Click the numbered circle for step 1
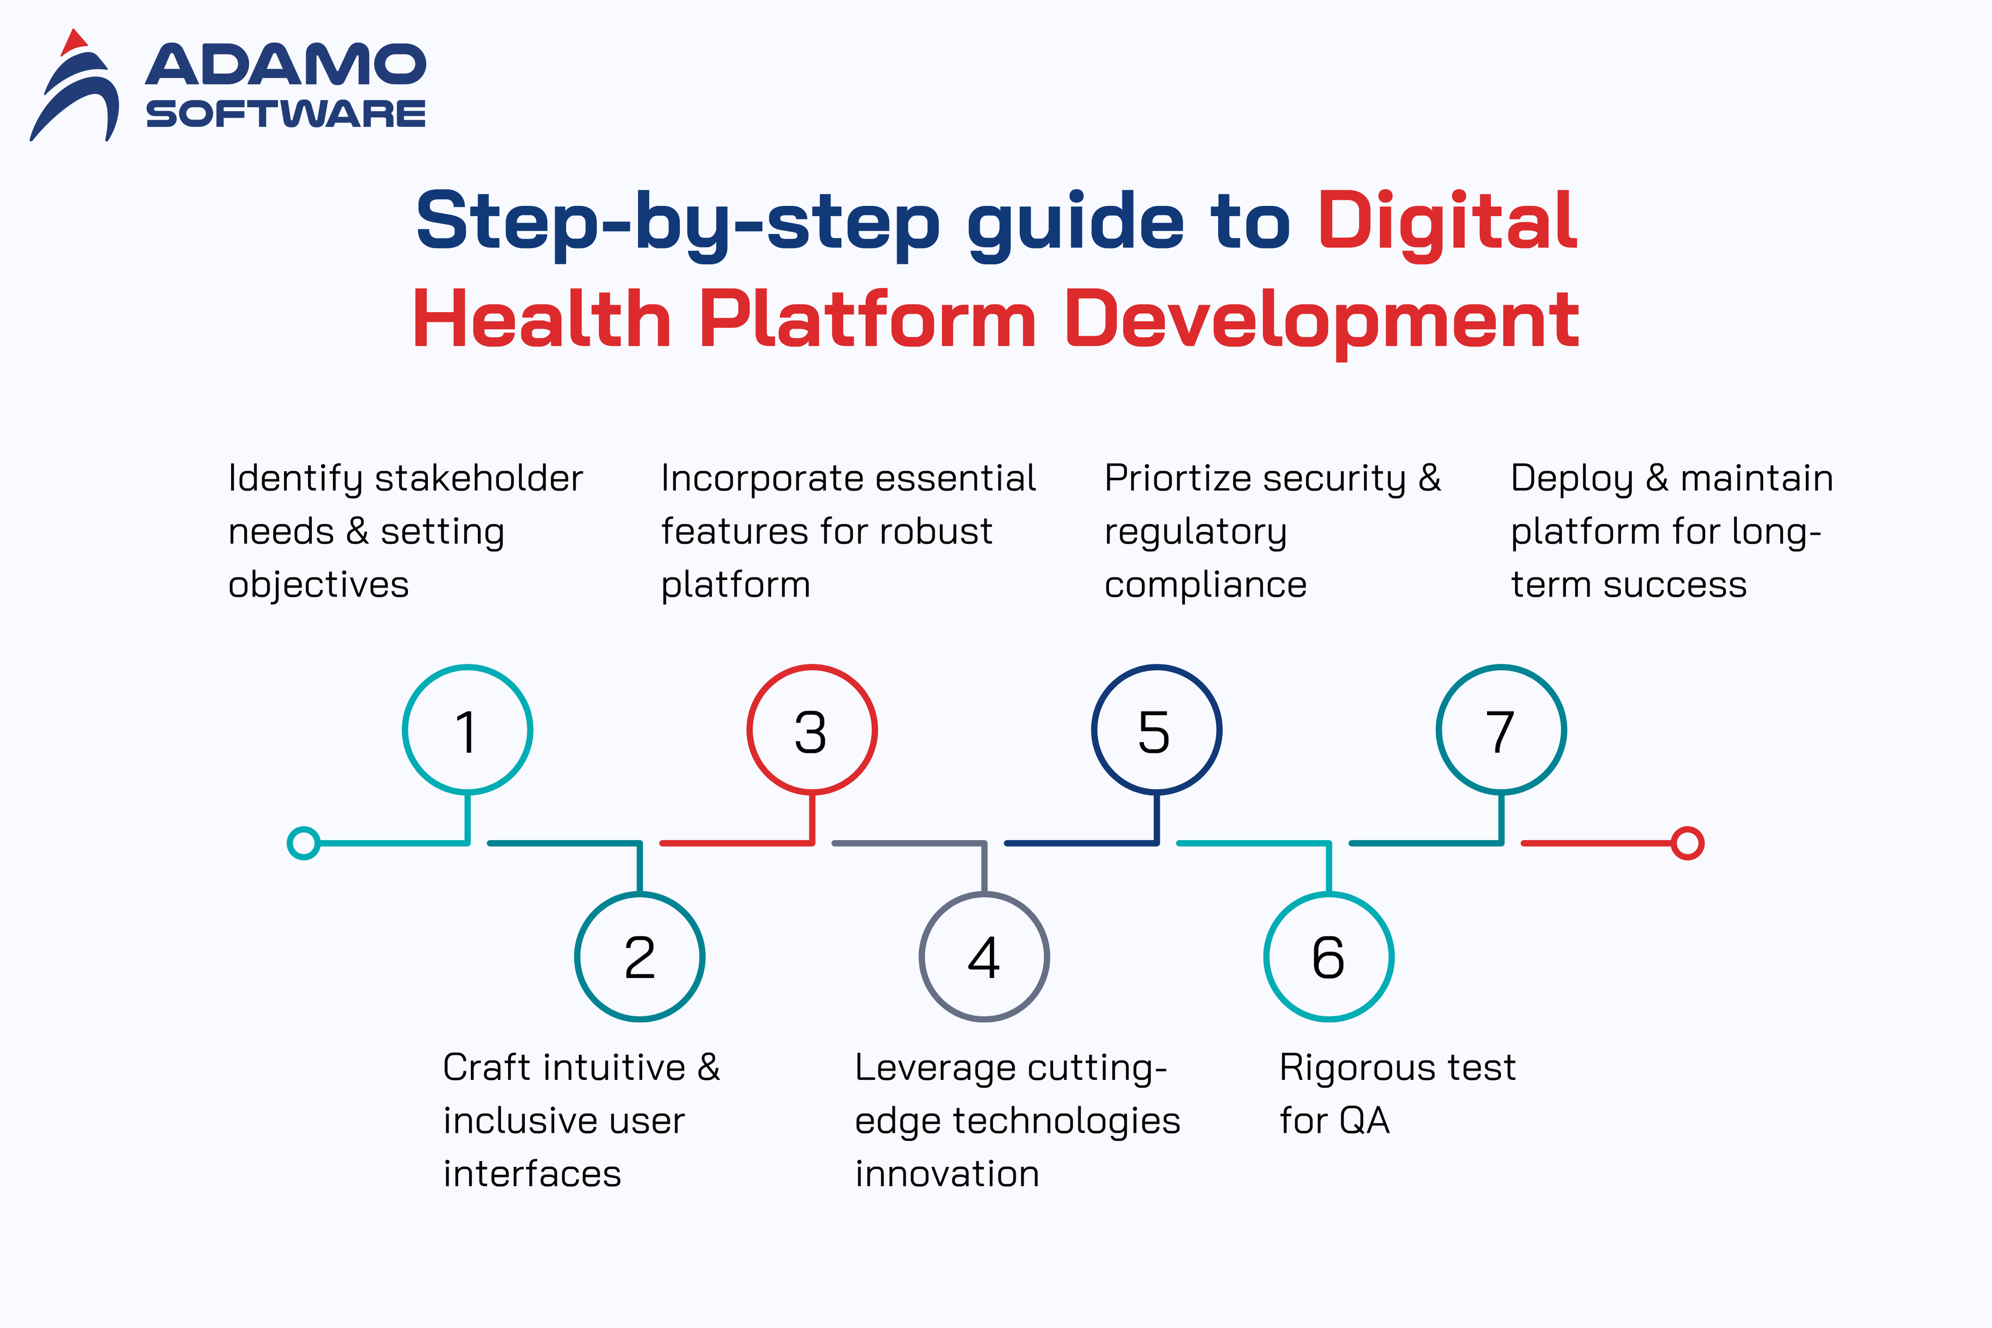[x=467, y=730]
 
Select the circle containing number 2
[x=640, y=957]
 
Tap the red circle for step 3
[x=812, y=730]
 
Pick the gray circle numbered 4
[x=984, y=957]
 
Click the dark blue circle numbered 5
[x=1157, y=730]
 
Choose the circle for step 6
[x=1329, y=957]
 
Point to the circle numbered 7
[x=1501, y=730]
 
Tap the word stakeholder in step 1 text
[x=479, y=478]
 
